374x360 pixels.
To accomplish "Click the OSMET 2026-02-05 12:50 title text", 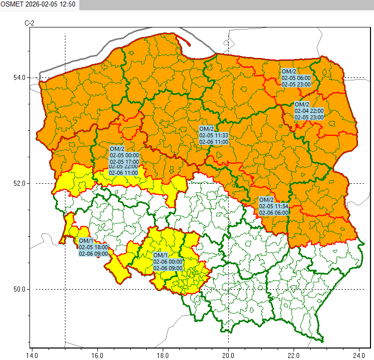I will pyautogui.click(x=38, y=4).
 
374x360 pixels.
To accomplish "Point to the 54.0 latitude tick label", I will pyautogui.click(x=19, y=77).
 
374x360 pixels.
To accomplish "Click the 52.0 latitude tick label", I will pyautogui.click(x=19, y=183).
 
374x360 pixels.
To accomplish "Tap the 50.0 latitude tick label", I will pyautogui.click(x=19, y=289).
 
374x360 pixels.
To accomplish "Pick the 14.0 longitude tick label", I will pyautogui.click(x=31, y=355).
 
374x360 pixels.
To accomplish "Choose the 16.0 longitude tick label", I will pyautogui.click(x=97, y=355).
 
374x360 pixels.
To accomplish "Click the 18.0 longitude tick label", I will pyautogui.click(x=162, y=355).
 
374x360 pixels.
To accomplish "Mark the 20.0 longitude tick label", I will pyautogui.click(x=228, y=355).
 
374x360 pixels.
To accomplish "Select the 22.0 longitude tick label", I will pyautogui.click(x=294, y=355).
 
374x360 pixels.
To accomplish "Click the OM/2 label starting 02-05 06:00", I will pyautogui.click(x=296, y=78).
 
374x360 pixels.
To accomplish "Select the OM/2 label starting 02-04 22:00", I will pyautogui.click(x=309, y=111).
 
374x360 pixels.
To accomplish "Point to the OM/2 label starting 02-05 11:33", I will pyautogui.click(x=213, y=135).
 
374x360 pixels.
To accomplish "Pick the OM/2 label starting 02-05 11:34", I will pyautogui.click(x=274, y=206).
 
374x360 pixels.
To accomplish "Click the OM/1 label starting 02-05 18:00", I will pyautogui.click(x=93, y=247).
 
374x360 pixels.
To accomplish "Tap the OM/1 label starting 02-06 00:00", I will pyautogui.click(x=168, y=262).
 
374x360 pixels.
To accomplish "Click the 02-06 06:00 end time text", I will pyautogui.click(x=274, y=212).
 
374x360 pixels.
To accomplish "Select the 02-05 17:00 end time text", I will pyautogui.click(x=124, y=161).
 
